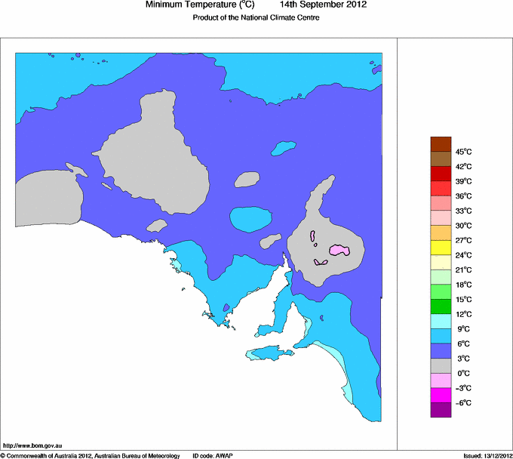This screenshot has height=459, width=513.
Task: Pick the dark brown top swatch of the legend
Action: [x=440, y=144]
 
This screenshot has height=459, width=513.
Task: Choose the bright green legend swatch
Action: [x=440, y=292]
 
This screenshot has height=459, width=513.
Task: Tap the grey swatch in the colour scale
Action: [x=440, y=366]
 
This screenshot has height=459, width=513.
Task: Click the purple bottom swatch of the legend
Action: [x=440, y=410]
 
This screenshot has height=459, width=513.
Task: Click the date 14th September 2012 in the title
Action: [x=323, y=5]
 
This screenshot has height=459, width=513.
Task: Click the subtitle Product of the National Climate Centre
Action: [x=256, y=17]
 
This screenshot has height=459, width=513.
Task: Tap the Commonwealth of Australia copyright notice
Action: [x=91, y=455]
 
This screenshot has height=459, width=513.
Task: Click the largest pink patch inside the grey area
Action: [x=340, y=250]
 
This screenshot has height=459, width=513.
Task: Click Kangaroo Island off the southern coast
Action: [x=268, y=353]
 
